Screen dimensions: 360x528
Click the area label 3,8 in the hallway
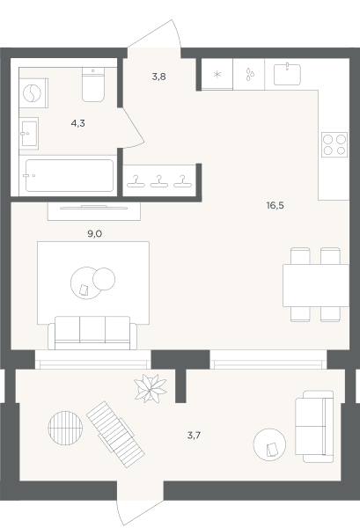(x=158, y=77)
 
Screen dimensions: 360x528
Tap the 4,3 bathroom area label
(x=77, y=123)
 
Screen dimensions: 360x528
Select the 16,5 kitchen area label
(x=276, y=205)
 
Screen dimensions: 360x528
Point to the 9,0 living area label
(x=95, y=234)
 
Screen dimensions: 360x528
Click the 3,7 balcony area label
(x=194, y=436)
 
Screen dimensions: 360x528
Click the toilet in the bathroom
(x=93, y=84)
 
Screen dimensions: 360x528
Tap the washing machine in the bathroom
(x=33, y=93)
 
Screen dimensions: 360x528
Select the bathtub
(x=69, y=175)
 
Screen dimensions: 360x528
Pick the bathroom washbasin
(x=29, y=134)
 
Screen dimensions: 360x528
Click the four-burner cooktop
(x=334, y=145)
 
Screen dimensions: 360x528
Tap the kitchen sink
(x=287, y=75)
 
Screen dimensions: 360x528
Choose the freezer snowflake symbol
(x=217, y=75)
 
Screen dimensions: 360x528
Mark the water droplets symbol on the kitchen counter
(x=249, y=74)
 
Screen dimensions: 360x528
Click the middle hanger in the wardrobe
(x=159, y=181)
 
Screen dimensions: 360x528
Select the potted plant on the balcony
(x=151, y=388)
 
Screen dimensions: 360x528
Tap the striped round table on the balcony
(x=65, y=428)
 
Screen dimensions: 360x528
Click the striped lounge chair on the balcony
(x=115, y=434)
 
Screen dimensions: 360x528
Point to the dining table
(x=316, y=285)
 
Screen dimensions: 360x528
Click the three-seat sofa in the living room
(x=92, y=333)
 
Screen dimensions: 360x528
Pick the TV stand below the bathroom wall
(x=94, y=211)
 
